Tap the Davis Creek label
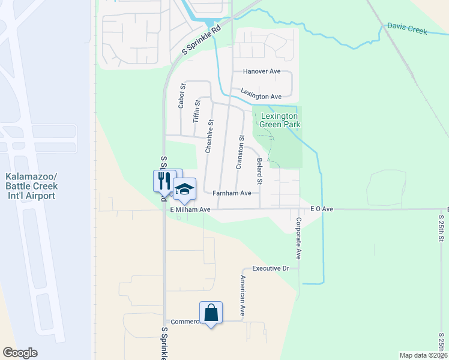407,28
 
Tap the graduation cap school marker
185,188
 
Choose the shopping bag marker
211,313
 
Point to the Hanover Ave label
262,71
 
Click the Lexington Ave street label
261,94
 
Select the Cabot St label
181,95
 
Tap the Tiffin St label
196,112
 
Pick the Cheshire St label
210,136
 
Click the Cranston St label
239,152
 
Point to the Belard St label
260,171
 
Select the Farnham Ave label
232,193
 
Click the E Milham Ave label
190,210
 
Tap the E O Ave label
321,209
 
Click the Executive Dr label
271,268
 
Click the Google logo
20,353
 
